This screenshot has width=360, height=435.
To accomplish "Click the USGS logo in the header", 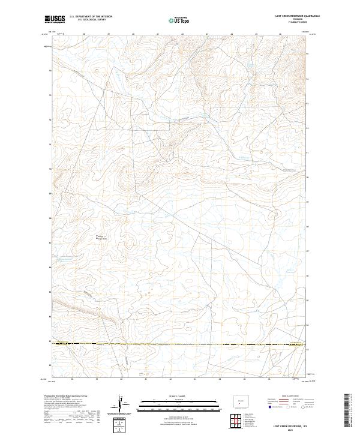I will pos(55,19).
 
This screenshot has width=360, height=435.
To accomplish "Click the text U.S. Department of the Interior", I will pos(91,16).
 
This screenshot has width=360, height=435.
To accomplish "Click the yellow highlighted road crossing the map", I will pos(180,344).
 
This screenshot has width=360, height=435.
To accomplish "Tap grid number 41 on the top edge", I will pos(157,35).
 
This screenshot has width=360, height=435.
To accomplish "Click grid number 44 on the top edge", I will pos(231,35).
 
